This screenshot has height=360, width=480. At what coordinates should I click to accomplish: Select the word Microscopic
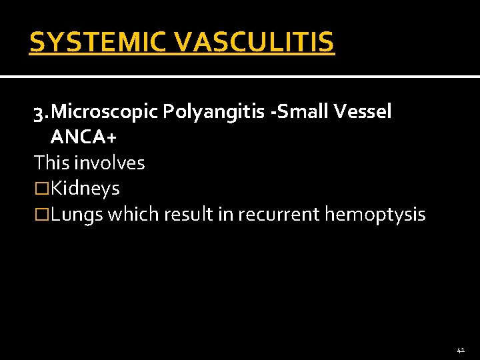coord(104,112)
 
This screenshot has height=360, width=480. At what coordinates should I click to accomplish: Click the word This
coord(53,162)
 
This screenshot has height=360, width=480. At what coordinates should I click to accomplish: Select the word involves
coord(111,162)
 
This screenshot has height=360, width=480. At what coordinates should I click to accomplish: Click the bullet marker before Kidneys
coord(42,189)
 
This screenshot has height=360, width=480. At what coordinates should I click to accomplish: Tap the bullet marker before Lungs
coord(42,214)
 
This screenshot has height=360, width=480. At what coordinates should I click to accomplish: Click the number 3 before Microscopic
coord(39,112)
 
